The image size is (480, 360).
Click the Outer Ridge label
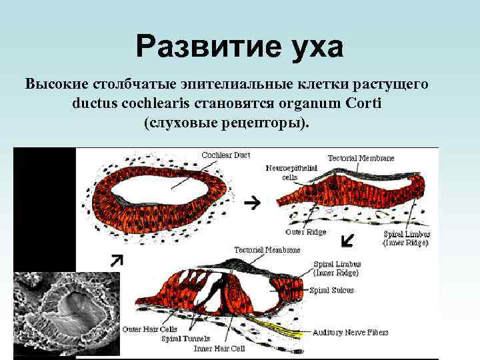pyautogui.click(x=305, y=232)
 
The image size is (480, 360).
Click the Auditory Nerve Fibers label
pyautogui.click(x=351, y=332)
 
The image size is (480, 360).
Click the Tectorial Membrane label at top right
pyautogui.click(x=361, y=158)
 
